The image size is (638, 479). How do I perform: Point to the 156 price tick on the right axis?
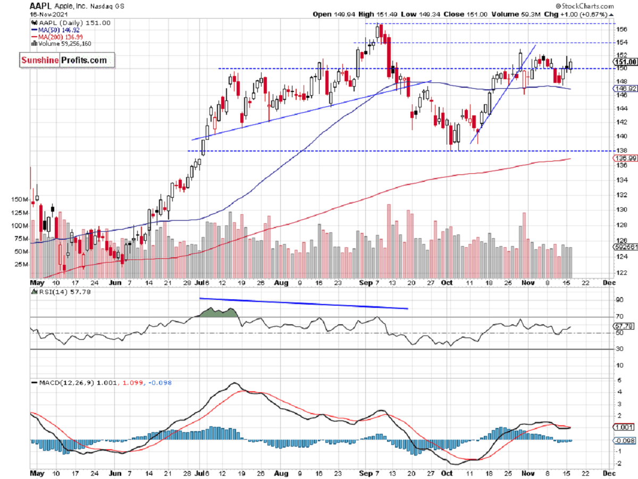pyautogui.click(x=620, y=30)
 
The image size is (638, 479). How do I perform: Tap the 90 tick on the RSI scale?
pyautogui.click(x=619, y=300)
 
